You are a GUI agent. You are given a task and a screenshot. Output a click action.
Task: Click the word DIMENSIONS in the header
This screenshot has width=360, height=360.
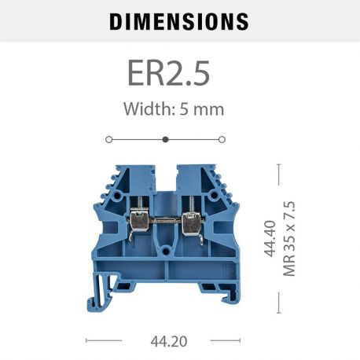179,21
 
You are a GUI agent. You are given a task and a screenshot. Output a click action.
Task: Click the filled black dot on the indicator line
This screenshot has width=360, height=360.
165,139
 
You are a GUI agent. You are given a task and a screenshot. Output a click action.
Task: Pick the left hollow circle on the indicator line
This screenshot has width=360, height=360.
108,139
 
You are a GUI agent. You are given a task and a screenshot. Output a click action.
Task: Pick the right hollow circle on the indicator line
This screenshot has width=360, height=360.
222,139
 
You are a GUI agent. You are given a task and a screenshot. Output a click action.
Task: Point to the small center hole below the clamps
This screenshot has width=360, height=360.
165,253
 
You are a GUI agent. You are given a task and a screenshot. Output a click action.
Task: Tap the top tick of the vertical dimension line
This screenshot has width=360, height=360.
278,164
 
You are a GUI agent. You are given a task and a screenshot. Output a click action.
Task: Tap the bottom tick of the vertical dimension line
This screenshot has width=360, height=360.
278,312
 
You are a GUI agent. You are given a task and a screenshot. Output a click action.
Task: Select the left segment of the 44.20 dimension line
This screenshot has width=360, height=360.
104,340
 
